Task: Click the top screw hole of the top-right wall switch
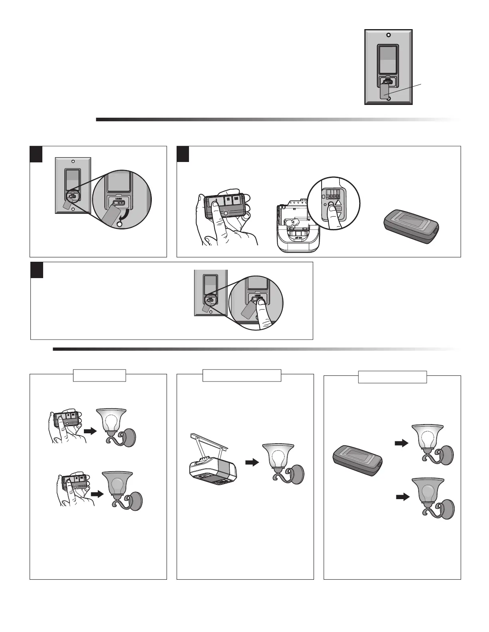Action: [x=388, y=35]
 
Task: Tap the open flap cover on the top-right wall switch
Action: [x=384, y=90]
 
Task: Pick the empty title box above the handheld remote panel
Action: [x=99, y=375]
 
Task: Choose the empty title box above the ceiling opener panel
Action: [x=242, y=375]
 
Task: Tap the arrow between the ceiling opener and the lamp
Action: [x=252, y=462]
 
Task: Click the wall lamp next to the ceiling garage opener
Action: [x=282, y=463]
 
